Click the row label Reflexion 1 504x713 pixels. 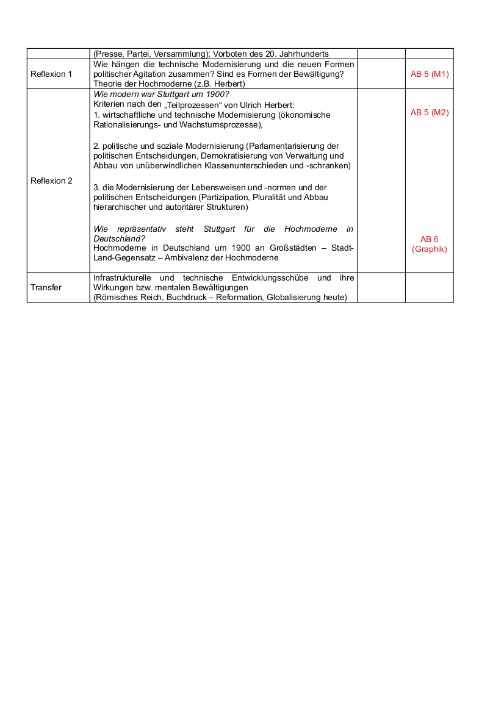[51, 74]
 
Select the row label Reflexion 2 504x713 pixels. [51, 181]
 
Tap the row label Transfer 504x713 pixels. [46, 287]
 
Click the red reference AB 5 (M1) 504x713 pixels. [430, 74]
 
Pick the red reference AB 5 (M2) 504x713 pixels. [430, 112]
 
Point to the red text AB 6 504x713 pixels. [430, 239]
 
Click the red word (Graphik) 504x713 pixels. [430, 249]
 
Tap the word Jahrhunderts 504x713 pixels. [304, 54]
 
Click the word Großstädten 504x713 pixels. [289, 248]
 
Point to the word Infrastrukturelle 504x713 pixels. [123, 278]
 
